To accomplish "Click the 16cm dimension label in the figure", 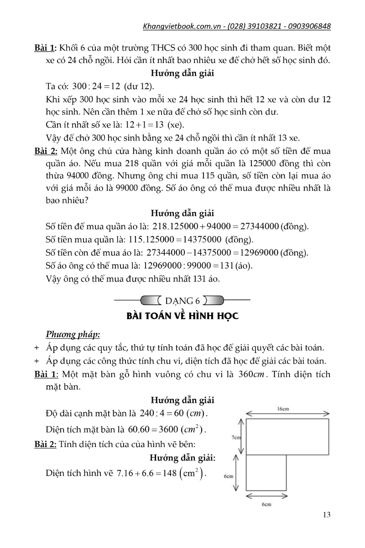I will [283, 409].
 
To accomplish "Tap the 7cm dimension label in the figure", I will [236, 437].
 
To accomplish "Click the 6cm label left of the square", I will [229, 475].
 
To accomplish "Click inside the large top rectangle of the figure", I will [287, 436].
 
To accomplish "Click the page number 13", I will [326, 515].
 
